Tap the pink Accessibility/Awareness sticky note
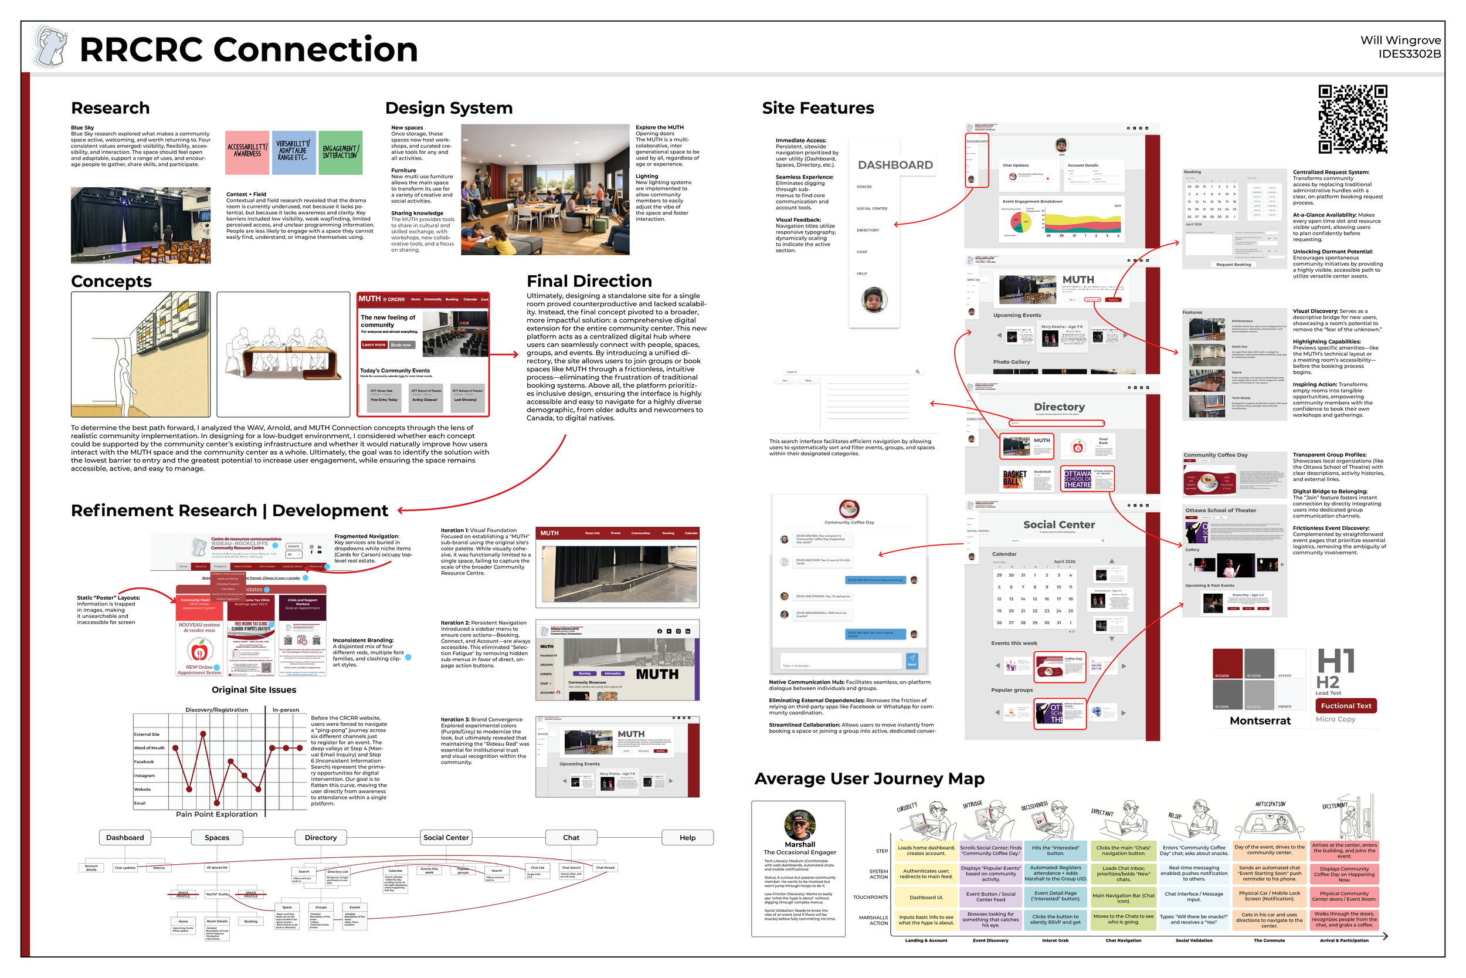[247, 152]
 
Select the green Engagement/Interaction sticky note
[340, 152]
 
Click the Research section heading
[110, 108]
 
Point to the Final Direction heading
[589, 280]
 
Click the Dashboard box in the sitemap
[125, 838]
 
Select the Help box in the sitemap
[687, 838]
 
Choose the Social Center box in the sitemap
[446, 838]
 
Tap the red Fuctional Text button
[1346, 705]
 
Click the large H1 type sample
[1335, 661]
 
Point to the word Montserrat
[1260, 720]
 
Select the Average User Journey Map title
[869, 779]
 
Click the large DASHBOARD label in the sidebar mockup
[895, 165]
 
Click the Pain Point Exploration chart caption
[216, 814]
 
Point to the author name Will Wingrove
[1400, 40]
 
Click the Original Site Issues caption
[254, 690]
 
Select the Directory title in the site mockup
[1059, 407]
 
